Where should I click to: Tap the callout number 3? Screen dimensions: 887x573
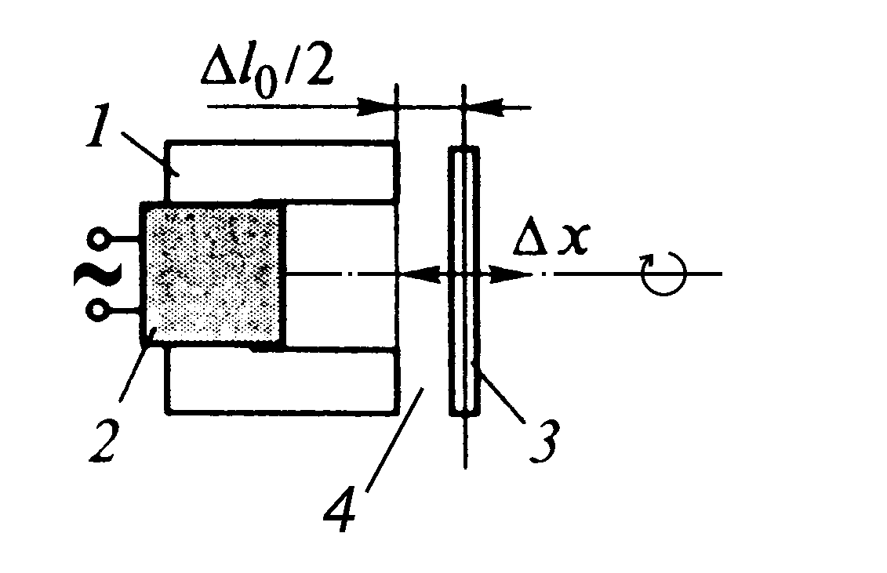pos(543,441)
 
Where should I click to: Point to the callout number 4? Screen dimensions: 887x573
pos(341,511)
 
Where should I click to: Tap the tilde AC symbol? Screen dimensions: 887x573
pos(96,275)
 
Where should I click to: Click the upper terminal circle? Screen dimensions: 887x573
pos(99,239)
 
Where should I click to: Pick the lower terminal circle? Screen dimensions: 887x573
pos(97,310)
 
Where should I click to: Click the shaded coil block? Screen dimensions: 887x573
pos(214,274)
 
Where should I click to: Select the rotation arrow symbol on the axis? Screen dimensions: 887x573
pos(663,274)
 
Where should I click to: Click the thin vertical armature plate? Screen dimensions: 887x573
pos(464,281)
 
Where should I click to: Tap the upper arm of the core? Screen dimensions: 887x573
pos(282,172)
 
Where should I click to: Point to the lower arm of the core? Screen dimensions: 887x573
pos(282,380)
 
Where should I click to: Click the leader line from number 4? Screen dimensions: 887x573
pos(394,440)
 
